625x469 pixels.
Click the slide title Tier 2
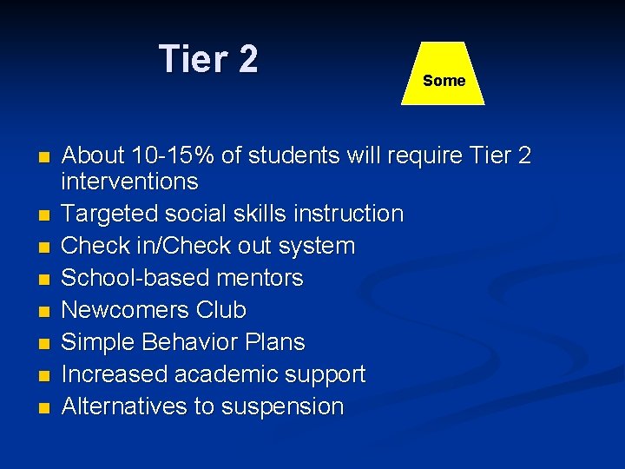(x=208, y=60)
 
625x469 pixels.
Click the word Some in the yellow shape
(x=444, y=81)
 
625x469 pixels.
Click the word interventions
(x=129, y=182)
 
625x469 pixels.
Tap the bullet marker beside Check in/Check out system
(x=43, y=247)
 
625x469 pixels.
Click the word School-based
(x=130, y=278)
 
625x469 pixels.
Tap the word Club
(x=221, y=310)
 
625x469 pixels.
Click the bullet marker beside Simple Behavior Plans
(x=43, y=343)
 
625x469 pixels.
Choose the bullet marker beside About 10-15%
(x=43, y=157)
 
